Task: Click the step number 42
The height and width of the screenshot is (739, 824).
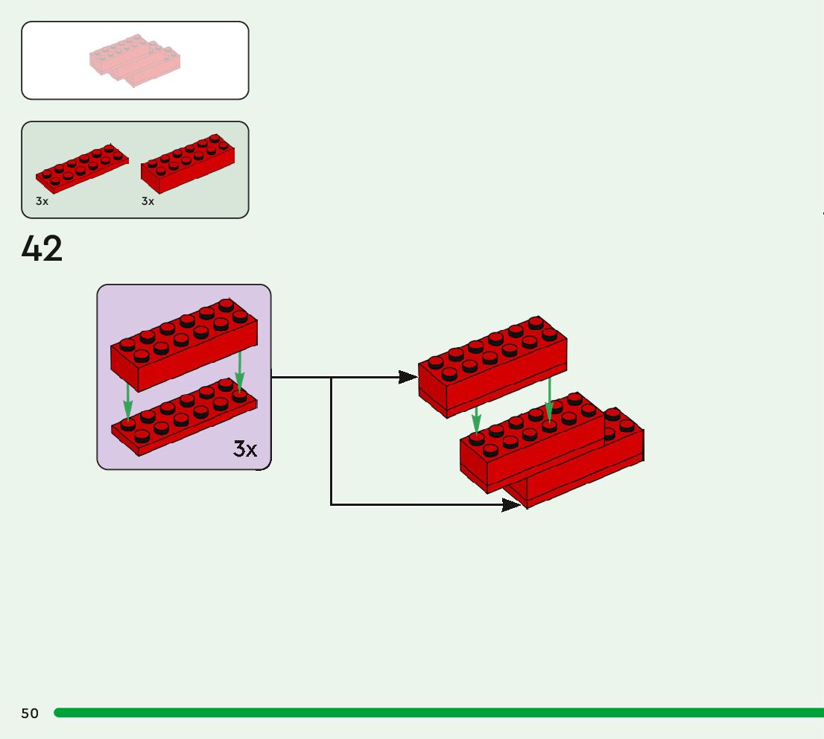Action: coord(42,249)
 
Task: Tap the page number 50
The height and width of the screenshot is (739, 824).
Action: coord(30,714)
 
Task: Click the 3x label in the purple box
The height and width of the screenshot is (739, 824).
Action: coord(245,448)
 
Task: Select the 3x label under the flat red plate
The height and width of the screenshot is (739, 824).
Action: coord(42,201)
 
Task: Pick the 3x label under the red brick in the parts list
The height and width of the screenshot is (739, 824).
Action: coord(148,201)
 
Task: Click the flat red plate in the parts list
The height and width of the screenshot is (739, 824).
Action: coord(82,167)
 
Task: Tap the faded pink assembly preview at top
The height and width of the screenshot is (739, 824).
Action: coord(135,60)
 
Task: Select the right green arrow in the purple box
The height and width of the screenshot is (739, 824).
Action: coord(239,371)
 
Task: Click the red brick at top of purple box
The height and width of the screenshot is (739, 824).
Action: coord(183,343)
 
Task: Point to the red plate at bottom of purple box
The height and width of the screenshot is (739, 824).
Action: coord(183,417)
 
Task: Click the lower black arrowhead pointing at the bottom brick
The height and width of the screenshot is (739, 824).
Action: coord(511,505)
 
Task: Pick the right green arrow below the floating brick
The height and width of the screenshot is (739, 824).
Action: coord(549,402)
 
